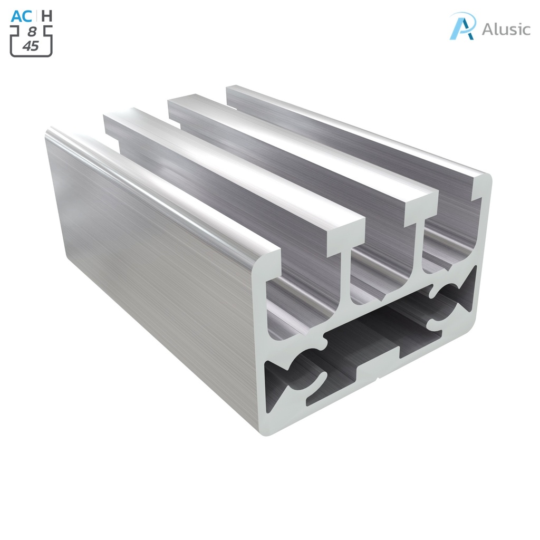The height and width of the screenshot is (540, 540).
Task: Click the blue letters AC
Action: pos(22,16)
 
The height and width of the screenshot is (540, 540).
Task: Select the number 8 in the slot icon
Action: pos(31,33)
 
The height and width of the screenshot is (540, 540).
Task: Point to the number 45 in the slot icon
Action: pos(31,46)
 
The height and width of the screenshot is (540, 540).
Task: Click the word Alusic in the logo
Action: pos(506,29)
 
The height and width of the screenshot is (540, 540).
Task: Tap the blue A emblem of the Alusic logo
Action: pos(462,26)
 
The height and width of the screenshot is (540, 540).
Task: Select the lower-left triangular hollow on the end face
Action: pos(279,385)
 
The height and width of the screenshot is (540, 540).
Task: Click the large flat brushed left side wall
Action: pos(148,253)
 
